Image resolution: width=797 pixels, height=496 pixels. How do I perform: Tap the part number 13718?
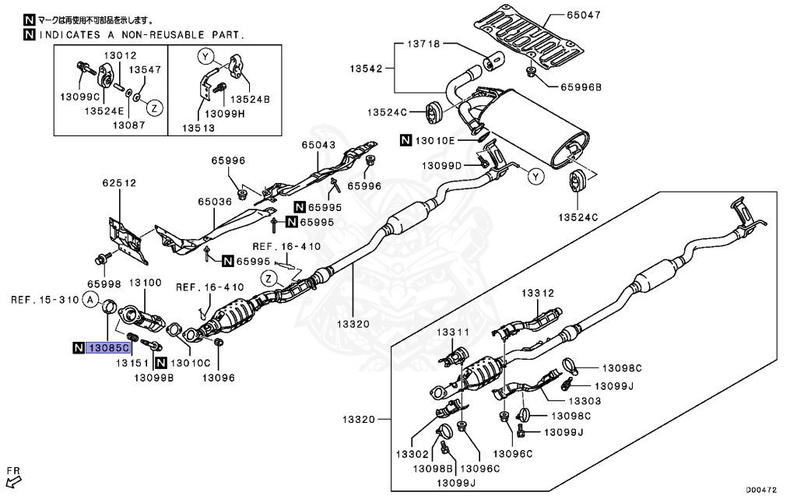pos(423,44)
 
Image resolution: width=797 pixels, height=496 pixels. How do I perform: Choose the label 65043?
pos(319,145)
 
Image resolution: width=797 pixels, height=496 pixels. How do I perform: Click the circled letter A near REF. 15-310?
pos(91,300)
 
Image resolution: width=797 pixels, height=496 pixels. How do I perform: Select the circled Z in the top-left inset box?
pos(153,108)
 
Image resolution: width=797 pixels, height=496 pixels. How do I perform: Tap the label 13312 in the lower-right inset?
pos(537,293)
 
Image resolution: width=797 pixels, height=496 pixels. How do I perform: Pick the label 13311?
pos(453,332)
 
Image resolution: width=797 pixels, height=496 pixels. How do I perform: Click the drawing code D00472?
pos(763,489)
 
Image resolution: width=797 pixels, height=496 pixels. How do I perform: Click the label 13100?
pos(145,285)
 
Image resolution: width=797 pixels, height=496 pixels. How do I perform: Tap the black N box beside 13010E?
pos(406,141)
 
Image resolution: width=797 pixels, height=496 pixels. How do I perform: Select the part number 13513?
pos(199,128)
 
